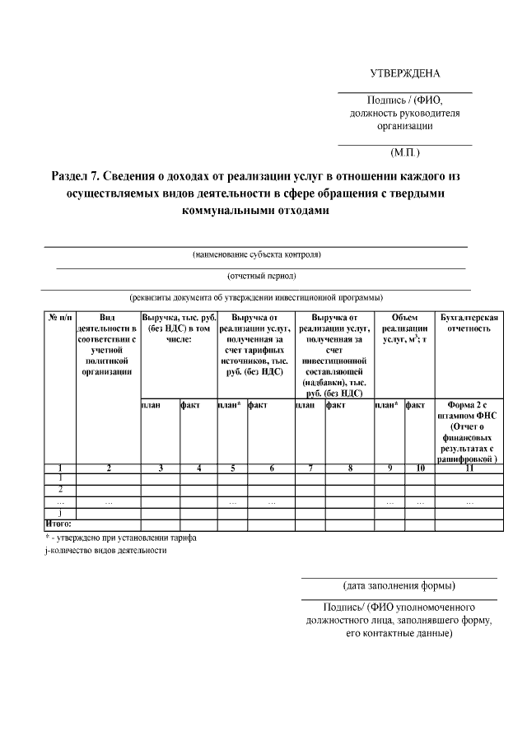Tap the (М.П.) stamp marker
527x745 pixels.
tap(405, 152)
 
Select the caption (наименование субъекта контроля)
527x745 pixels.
tap(256, 254)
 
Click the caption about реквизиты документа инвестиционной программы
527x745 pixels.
tap(256, 297)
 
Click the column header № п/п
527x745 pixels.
tap(59, 318)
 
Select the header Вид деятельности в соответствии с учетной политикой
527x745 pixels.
tap(108, 344)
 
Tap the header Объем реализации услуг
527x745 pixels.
tap(404, 328)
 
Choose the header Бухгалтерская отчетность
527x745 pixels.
tap(469, 323)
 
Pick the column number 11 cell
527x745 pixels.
tap(469, 468)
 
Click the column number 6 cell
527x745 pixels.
tap(271, 468)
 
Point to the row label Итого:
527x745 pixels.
tap(58, 524)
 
